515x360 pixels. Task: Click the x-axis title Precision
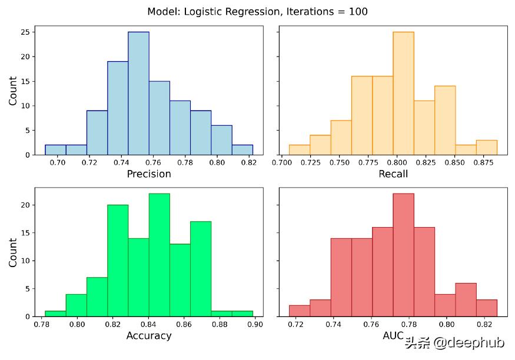(149, 174)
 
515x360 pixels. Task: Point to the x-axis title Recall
(393, 174)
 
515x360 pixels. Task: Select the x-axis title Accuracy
(149, 336)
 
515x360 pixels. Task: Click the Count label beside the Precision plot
(13, 91)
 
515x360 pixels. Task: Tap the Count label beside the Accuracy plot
(13, 252)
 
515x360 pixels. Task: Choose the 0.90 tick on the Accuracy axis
(255, 324)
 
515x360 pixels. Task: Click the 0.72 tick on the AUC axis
(296, 324)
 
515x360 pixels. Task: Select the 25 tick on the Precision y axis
(25, 32)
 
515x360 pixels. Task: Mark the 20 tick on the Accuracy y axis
(25, 205)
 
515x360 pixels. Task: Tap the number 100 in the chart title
(358, 12)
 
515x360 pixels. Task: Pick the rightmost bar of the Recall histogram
(486, 147)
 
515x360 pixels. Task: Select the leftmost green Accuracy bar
(55, 314)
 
